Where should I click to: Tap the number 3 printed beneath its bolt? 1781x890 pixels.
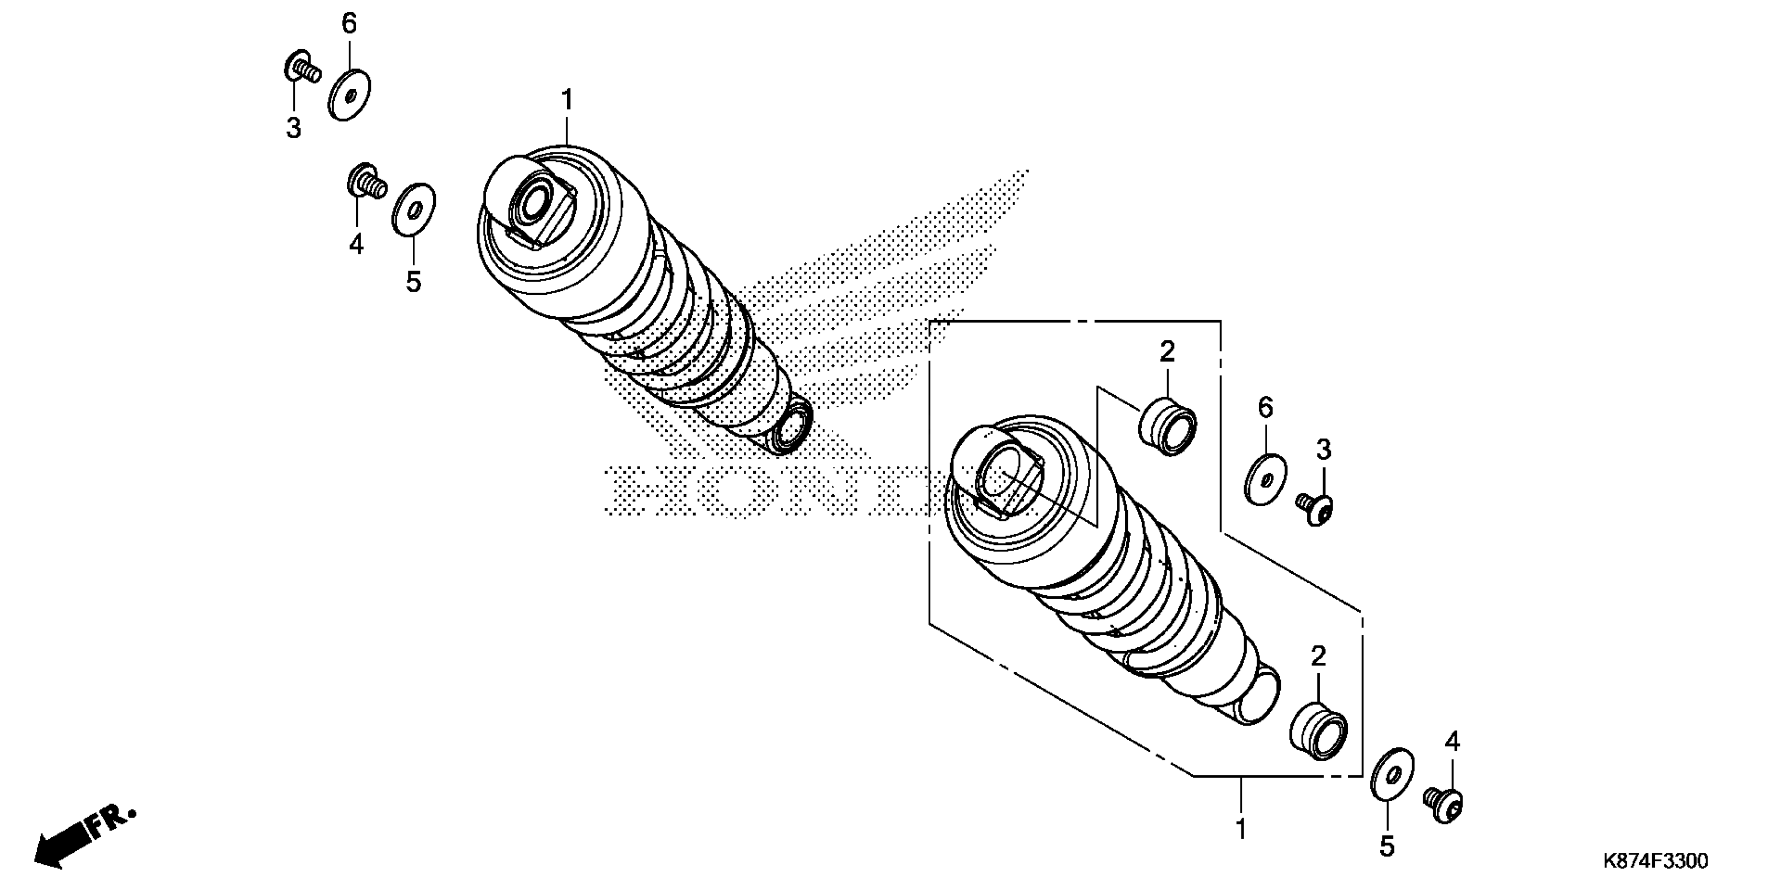(294, 128)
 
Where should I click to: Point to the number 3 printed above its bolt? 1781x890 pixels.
(1323, 451)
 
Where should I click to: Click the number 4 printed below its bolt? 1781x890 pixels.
(356, 244)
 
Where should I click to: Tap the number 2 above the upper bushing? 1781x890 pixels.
(1167, 352)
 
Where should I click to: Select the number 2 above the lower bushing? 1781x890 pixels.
(1318, 657)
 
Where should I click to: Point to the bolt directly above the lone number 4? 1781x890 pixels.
(365, 182)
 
